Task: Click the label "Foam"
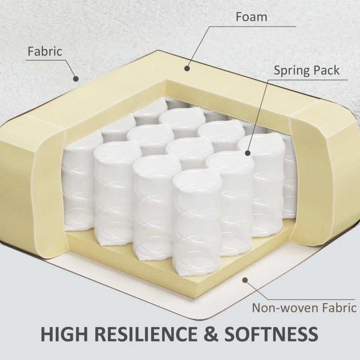point(252,17)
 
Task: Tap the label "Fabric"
point(45,51)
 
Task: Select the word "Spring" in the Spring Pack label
point(291,71)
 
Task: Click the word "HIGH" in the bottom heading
point(64,334)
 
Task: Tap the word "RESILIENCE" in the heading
point(146,334)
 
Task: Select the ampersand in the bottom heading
point(211,334)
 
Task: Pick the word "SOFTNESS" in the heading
point(271,334)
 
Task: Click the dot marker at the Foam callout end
point(187,68)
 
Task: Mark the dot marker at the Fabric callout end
point(76,79)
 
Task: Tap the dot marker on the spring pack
point(247,153)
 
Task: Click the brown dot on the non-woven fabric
point(245,280)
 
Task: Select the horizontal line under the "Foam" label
point(252,27)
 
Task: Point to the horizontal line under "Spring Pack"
point(308,80)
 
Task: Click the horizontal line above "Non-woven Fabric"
point(312,299)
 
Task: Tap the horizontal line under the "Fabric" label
point(46,60)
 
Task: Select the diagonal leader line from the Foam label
point(198,47)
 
